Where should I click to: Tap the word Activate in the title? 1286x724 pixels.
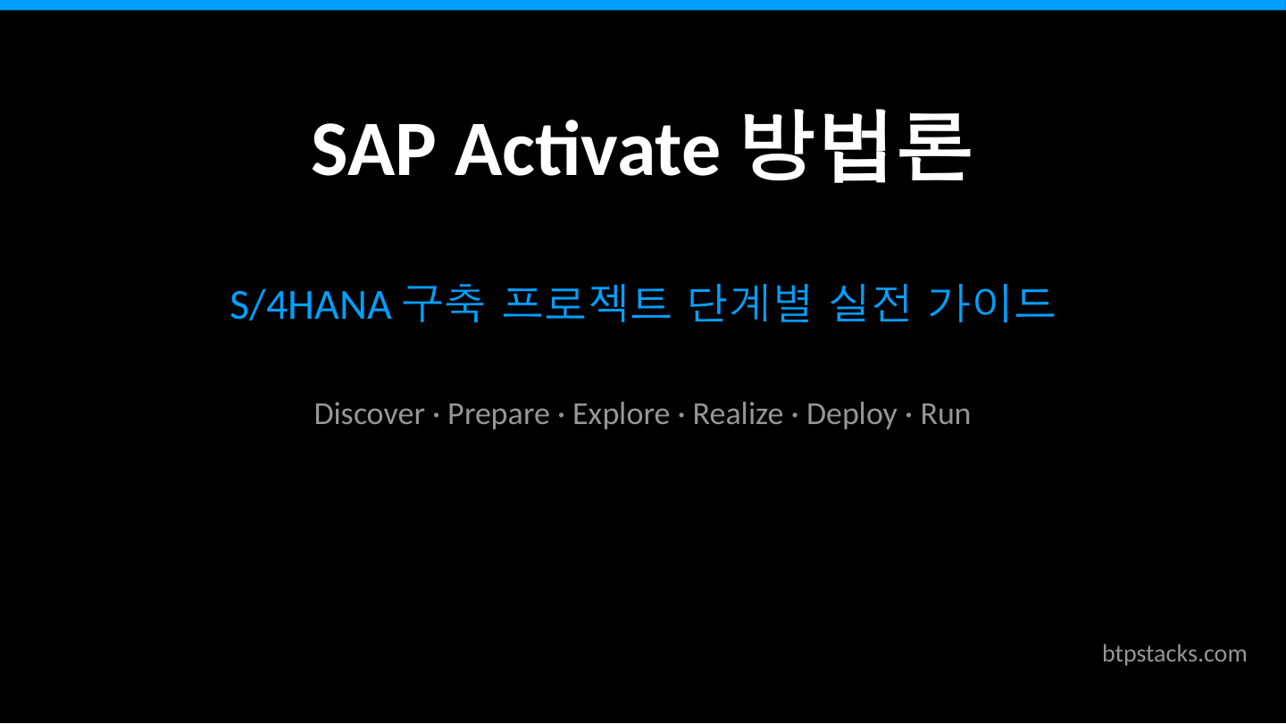[x=587, y=149]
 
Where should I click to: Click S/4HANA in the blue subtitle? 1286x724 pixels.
[x=310, y=305]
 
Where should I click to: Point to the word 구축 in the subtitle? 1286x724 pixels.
[x=443, y=304]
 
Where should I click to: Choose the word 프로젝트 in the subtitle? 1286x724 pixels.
[x=586, y=304]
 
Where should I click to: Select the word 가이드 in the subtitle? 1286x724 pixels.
[x=991, y=304]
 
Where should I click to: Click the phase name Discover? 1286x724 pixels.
[x=369, y=414]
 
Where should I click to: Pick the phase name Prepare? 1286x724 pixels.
[x=498, y=415]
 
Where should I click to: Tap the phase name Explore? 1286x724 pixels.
[x=621, y=415]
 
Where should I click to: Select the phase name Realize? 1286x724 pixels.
[x=738, y=414]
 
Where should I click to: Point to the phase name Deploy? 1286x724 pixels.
[x=851, y=415]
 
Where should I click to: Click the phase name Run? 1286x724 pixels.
[x=945, y=414]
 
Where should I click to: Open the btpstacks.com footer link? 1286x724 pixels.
[x=1174, y=653]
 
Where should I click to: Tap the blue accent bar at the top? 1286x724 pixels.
[x=643, y=4]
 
